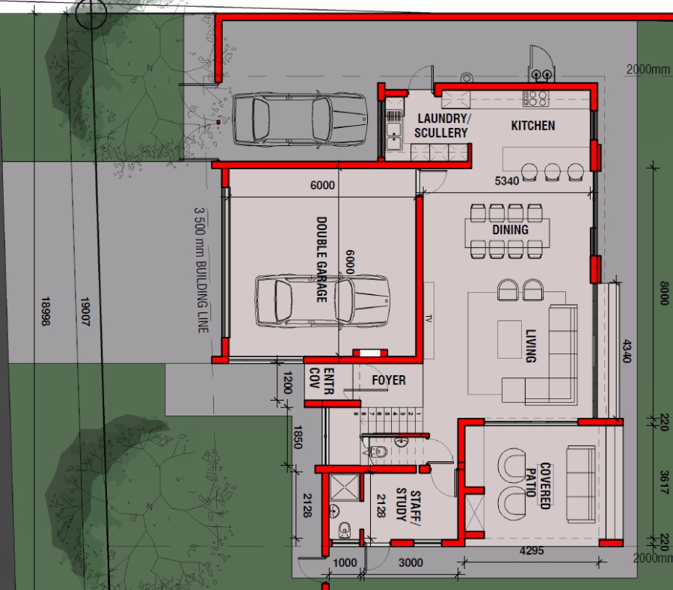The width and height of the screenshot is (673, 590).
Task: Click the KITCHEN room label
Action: coord(533,126)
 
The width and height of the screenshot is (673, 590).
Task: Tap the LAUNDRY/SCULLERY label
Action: coord(443,126)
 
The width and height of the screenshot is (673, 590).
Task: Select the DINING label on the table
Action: coord(510,230)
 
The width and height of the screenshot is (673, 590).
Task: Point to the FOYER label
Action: coord(389,380)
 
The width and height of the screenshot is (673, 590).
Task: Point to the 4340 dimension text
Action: coord(627,350)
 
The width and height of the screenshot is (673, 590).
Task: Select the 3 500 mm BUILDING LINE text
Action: coord(200,270)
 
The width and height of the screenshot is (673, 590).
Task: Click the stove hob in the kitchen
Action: coord(536,97)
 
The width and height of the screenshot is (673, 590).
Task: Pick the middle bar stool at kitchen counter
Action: coord(553,172)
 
